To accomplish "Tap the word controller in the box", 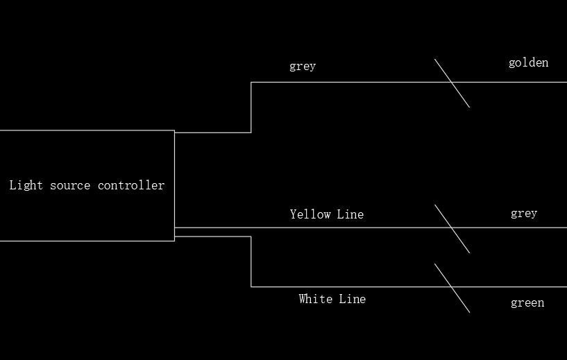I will pyautogui.click(x=131, y=185).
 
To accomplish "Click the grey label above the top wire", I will pyautogui.click(x=303, y=67).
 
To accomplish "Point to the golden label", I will pyautogui.click(x=528, y=63).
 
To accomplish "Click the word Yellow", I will pyautogui.click(x=310, y=214).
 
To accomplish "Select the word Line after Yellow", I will pyautogui.click(x=350, y=214).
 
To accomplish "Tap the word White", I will pyautogui.click(x=316, y=299).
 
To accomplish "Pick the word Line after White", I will pyautogui.click(x=353, y=299).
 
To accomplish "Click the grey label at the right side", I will pyautogui.click(x=524, y=214).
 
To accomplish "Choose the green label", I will pyautogui.click(x=527, y=303).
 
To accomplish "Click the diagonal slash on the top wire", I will pyautogui.click(x=452, y=83).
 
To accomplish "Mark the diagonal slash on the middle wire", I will pyautogui.click(x=452, y=228).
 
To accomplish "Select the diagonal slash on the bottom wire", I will pyautogui.click(x=452, y=287).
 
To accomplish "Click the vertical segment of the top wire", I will pyautogui.click(x=251, y=107).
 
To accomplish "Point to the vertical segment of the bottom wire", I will pyautogui.click(x=251, y=262).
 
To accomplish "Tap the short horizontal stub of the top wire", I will pyautogui.click(x=212, y=132).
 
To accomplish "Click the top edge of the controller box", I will pyautogui.click(x=87, y=130).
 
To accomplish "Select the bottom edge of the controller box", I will pyautogui.click(x=87, y=241).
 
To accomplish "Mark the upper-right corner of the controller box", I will pyautogui.click(x=174, y=130).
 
